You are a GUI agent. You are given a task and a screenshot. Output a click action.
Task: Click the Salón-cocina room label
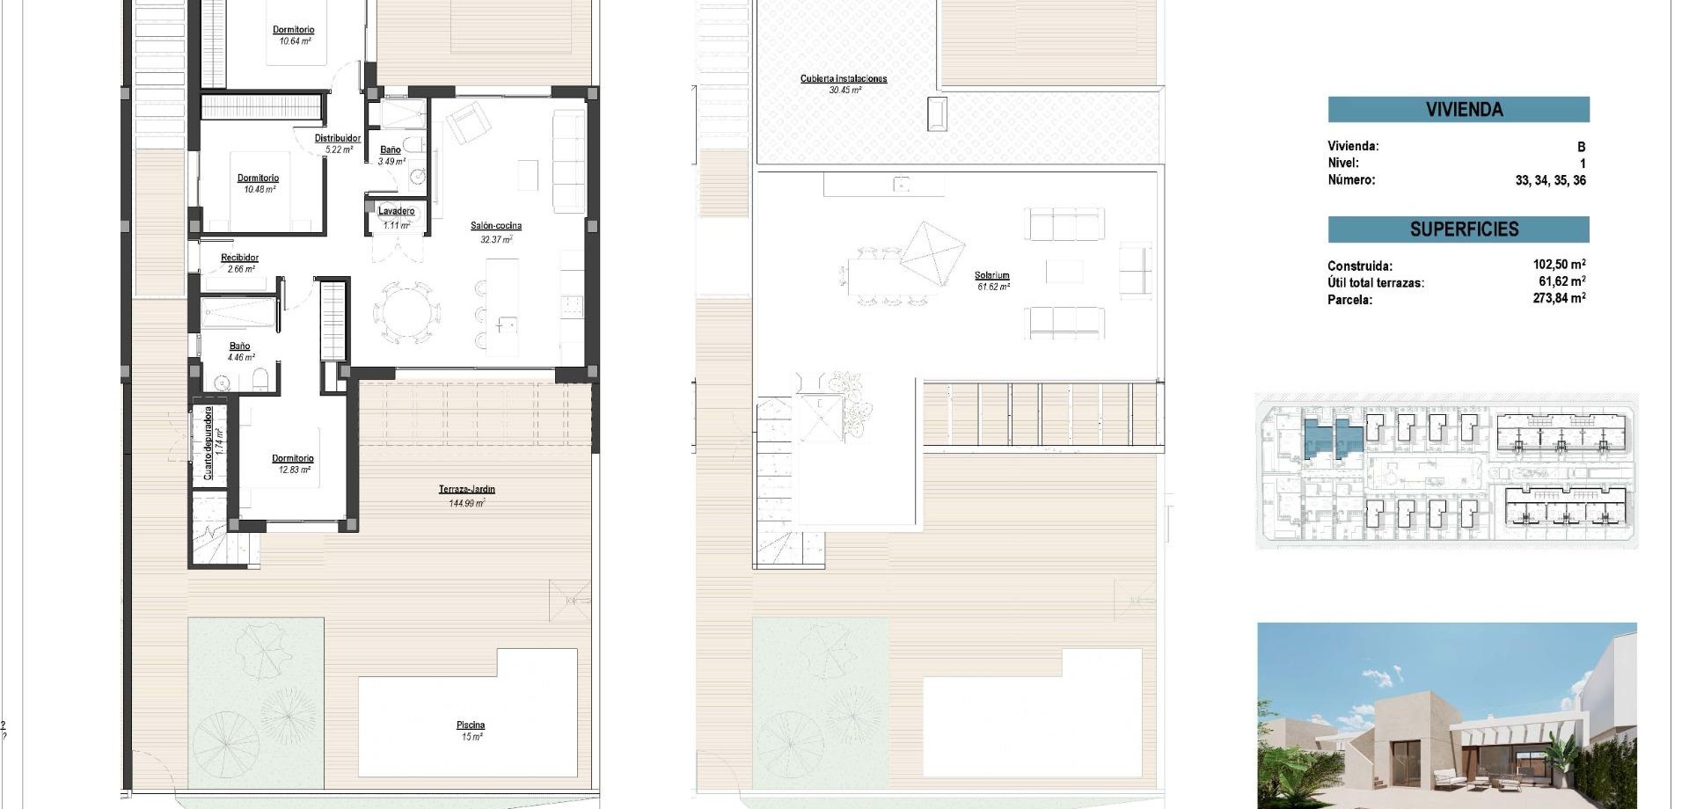(496, 226)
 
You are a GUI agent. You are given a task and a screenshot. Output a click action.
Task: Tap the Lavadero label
(397, 212)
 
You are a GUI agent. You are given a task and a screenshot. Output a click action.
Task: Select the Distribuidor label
(338, 139)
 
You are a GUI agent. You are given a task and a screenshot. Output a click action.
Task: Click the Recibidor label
(239, 259)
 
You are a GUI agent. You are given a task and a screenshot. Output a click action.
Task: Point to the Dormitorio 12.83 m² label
(293, 459)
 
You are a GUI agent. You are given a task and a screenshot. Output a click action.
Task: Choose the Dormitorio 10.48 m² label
(258, 179)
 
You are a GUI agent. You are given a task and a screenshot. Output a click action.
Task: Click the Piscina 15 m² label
(471, 725)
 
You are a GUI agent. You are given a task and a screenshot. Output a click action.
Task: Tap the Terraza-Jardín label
(467, 490)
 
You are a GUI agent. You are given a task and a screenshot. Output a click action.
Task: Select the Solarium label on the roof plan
(992, 276)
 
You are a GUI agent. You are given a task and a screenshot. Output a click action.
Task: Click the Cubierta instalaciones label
(844, 79)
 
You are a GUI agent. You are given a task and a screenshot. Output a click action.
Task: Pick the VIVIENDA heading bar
(1459, 110)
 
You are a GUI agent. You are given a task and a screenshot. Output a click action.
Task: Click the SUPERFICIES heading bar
(1459, 230)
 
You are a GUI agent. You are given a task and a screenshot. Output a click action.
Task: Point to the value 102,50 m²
(1559, 265)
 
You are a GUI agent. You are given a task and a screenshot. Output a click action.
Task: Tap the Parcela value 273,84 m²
(1559, 299)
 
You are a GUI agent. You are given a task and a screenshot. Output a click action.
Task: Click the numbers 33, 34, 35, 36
(1550, 180)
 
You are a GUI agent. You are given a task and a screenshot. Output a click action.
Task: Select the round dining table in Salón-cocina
(406, 313)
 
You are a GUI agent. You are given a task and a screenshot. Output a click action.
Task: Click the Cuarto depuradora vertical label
(208, 442)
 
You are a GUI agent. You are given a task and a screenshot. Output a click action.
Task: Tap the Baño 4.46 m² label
(239, 346)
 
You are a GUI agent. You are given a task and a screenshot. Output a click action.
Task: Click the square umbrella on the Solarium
(933, 253)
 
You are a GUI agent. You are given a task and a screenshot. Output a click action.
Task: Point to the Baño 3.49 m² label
(391, 150)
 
